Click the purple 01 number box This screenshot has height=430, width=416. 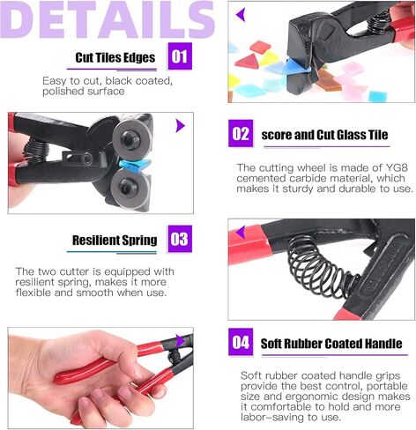pyautogui.click(x=180, y=56)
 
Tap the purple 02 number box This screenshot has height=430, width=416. pyautogui.click(x=241, y=133)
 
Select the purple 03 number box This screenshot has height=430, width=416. pyautogui.click(x=180, y=239)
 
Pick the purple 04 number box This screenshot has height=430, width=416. pyautogui.click(x=241, y=342)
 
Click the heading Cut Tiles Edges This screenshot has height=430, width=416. pyautogui.click(x=115, y=57)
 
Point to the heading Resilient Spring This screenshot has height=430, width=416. pyautogui.click(x=115, y=241)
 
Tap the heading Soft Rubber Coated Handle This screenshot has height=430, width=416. pyautogui.click(x=331, y=344)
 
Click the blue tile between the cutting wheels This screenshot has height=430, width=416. pyautogui.click(x=135, y=165)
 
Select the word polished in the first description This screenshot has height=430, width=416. pyautogui.click(x=60, y=92)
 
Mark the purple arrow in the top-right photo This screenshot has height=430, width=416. pyautogui.click(x=241, y=15)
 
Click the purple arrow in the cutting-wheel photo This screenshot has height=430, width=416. pyautogui.click(x=181, y=126)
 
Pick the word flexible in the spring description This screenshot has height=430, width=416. pyautogui.click(x=33, y=293)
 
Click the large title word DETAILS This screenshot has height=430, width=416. pyautogui.click(x=108, y=19)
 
